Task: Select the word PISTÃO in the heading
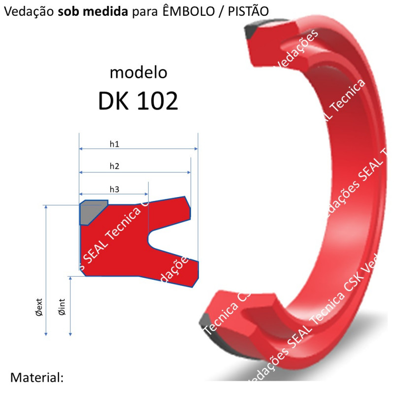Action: [x=248, y=11]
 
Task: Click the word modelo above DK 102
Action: [x=138, y=73]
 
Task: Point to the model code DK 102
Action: [x=138, y=101]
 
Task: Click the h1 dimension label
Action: [x=114, y=144]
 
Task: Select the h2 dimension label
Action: [x=114, y=166]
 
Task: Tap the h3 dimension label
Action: [x=114, y=189]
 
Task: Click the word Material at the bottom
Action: [x=37, y=378]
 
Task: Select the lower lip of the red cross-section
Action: [x=187, y=271]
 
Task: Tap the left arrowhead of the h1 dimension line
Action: [x=81, y=148]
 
